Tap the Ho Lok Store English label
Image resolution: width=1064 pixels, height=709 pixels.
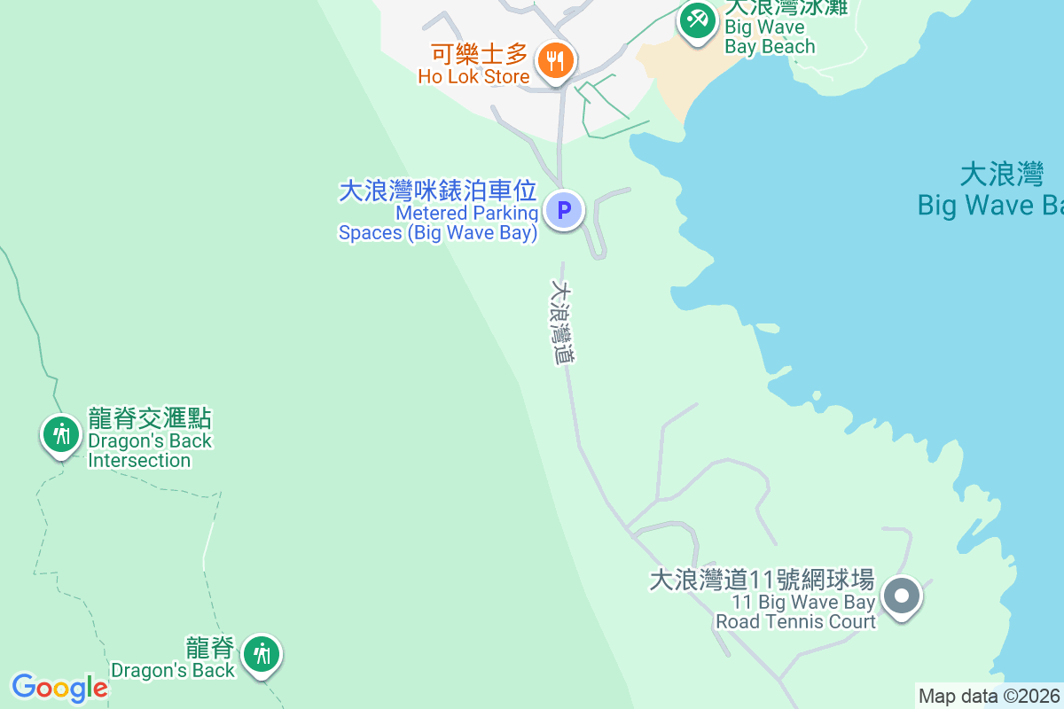tap(474, 76)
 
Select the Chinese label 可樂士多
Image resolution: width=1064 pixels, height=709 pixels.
tap(480, 54)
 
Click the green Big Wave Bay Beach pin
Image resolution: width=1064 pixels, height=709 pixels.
tap(698, 19)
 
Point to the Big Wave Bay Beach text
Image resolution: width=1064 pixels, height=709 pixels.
tap(769, 37)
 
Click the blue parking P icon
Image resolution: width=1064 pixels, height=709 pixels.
tap(563, 211)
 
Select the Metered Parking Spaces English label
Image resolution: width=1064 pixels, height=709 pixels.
tap(439, 223)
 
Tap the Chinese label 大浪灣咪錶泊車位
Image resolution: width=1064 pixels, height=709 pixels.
tap(438, 191)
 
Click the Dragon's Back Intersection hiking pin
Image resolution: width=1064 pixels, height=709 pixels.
tap(60, 435)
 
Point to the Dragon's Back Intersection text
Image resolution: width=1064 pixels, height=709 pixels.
tap(150, 450)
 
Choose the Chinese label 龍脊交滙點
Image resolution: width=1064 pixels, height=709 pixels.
tap(150, 419)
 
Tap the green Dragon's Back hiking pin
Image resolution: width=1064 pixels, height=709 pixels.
tap(262, 655)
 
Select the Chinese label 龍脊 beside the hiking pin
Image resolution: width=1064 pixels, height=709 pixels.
tap(210, 647)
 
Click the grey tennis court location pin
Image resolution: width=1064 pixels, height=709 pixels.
tap(903, 596)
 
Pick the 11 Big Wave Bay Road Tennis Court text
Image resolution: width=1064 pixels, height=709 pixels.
tap(795, 612)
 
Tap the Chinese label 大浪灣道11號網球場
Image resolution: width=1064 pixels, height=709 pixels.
tap(762, 580)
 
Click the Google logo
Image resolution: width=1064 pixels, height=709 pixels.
tap(59, 688)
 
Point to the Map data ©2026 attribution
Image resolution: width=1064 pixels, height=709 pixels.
tap(988, 696)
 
